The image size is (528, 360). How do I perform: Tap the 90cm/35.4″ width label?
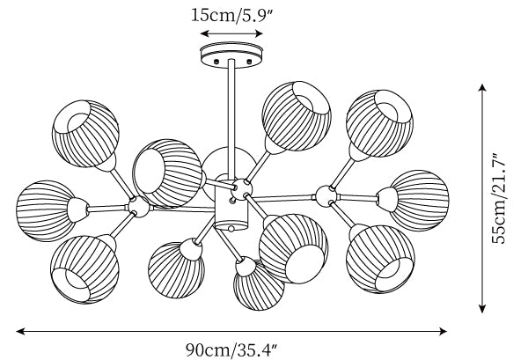click(231, 348)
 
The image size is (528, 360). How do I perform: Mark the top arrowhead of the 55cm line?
click(482, 87)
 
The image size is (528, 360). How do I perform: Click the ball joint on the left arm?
click(137, 207)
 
